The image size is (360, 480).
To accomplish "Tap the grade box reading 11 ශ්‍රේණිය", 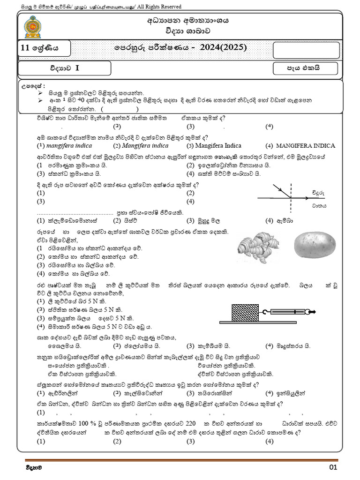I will [44, 48].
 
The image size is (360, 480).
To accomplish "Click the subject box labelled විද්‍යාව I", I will [65, 68].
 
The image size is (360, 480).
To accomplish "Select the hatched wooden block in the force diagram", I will [244, 312].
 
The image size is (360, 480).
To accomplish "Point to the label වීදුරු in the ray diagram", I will [318, 192].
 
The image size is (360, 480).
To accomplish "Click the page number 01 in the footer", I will [333, 467].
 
